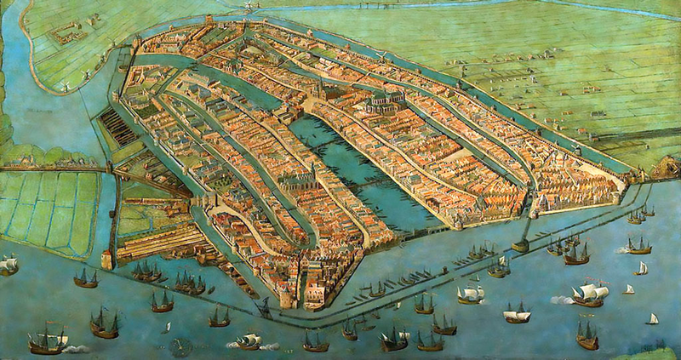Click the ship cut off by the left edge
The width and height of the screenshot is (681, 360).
pyautogui.click(x=7, y=265)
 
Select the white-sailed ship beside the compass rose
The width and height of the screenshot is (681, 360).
pyautogui.click(x=248, y=340)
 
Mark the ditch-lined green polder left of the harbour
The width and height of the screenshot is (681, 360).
pyautogui.click(x=47, y=213)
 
